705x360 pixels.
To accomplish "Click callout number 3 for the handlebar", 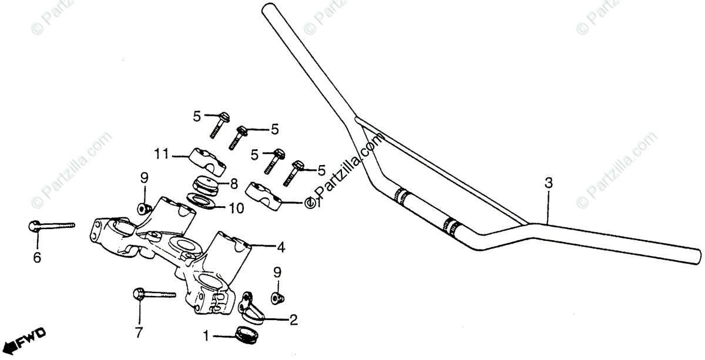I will tap(548, 183).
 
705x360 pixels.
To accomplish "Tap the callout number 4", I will tap(281, 248).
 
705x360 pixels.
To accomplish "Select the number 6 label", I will tap(37, 257).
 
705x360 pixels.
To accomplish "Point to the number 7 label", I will tap(139, 333).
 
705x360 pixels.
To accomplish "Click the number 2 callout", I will tap(293, 320).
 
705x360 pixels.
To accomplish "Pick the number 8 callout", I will tap(233, 184).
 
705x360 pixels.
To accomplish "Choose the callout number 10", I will tap(236, 207).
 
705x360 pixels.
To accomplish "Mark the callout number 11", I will tap(162, 154).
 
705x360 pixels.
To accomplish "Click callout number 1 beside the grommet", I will tap(206, 337).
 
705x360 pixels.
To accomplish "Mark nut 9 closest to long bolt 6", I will tap(143, 208).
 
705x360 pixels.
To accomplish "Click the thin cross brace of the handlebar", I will tap(441, 170).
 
